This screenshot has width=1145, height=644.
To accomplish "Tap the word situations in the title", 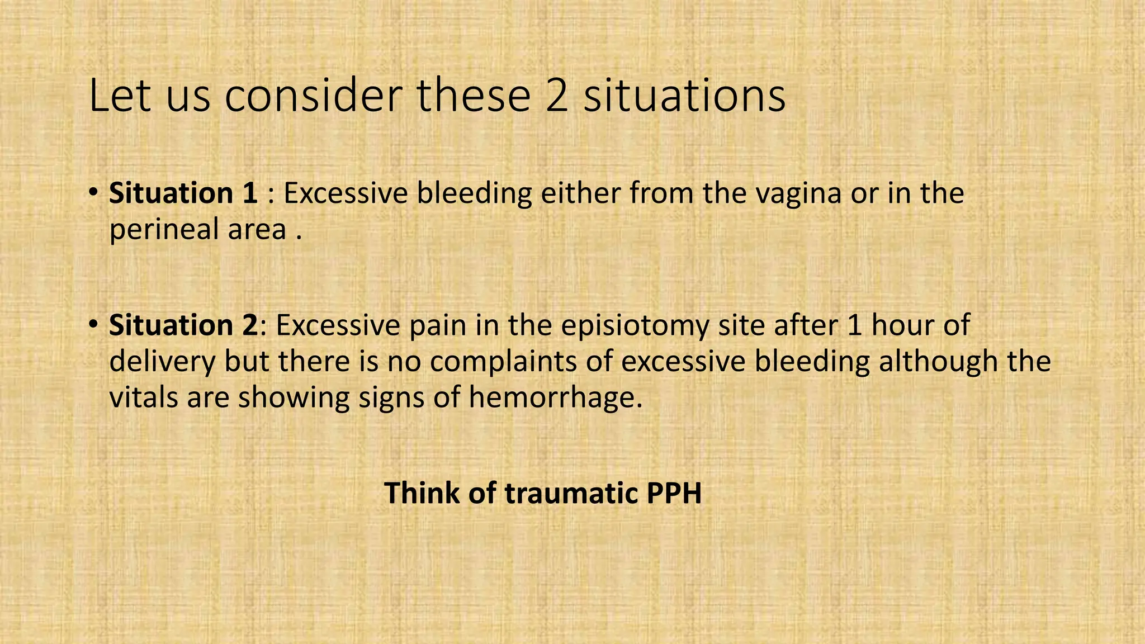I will (x=684, y=96).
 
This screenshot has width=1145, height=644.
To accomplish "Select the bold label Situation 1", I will (x=183, y=193).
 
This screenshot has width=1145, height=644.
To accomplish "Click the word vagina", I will (x=799, y=193).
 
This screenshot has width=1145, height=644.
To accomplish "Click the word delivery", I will (x=162, y=361).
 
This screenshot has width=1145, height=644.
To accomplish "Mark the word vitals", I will (x=143, y=397).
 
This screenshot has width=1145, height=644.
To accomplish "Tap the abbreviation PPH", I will (x=674, y=493).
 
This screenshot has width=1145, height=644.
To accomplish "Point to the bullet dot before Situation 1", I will (x=93, y=193).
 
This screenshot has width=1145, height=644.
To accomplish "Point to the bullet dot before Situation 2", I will (x=93, y=325).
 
